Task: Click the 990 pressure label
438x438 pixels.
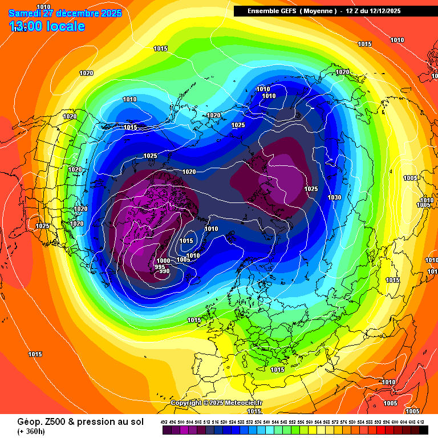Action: (164, 271)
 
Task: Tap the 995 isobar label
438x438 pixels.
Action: (160, 266)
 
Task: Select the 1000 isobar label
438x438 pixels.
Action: (163, 261)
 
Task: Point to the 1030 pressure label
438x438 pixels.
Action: (334, 197)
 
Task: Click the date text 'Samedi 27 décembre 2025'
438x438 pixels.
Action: (66, 13)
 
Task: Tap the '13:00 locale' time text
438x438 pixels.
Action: (47, 26)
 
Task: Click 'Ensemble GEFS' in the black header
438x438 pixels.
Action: (268, 11)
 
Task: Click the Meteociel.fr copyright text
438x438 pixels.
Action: (217, 403)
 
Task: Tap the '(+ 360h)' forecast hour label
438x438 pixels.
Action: (23, 431)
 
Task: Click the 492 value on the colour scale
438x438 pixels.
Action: (164, 422)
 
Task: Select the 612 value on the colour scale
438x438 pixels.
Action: (420, 422)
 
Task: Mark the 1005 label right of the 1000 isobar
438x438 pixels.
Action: (182, 260)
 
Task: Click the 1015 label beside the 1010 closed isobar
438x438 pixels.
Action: (186, 241)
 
